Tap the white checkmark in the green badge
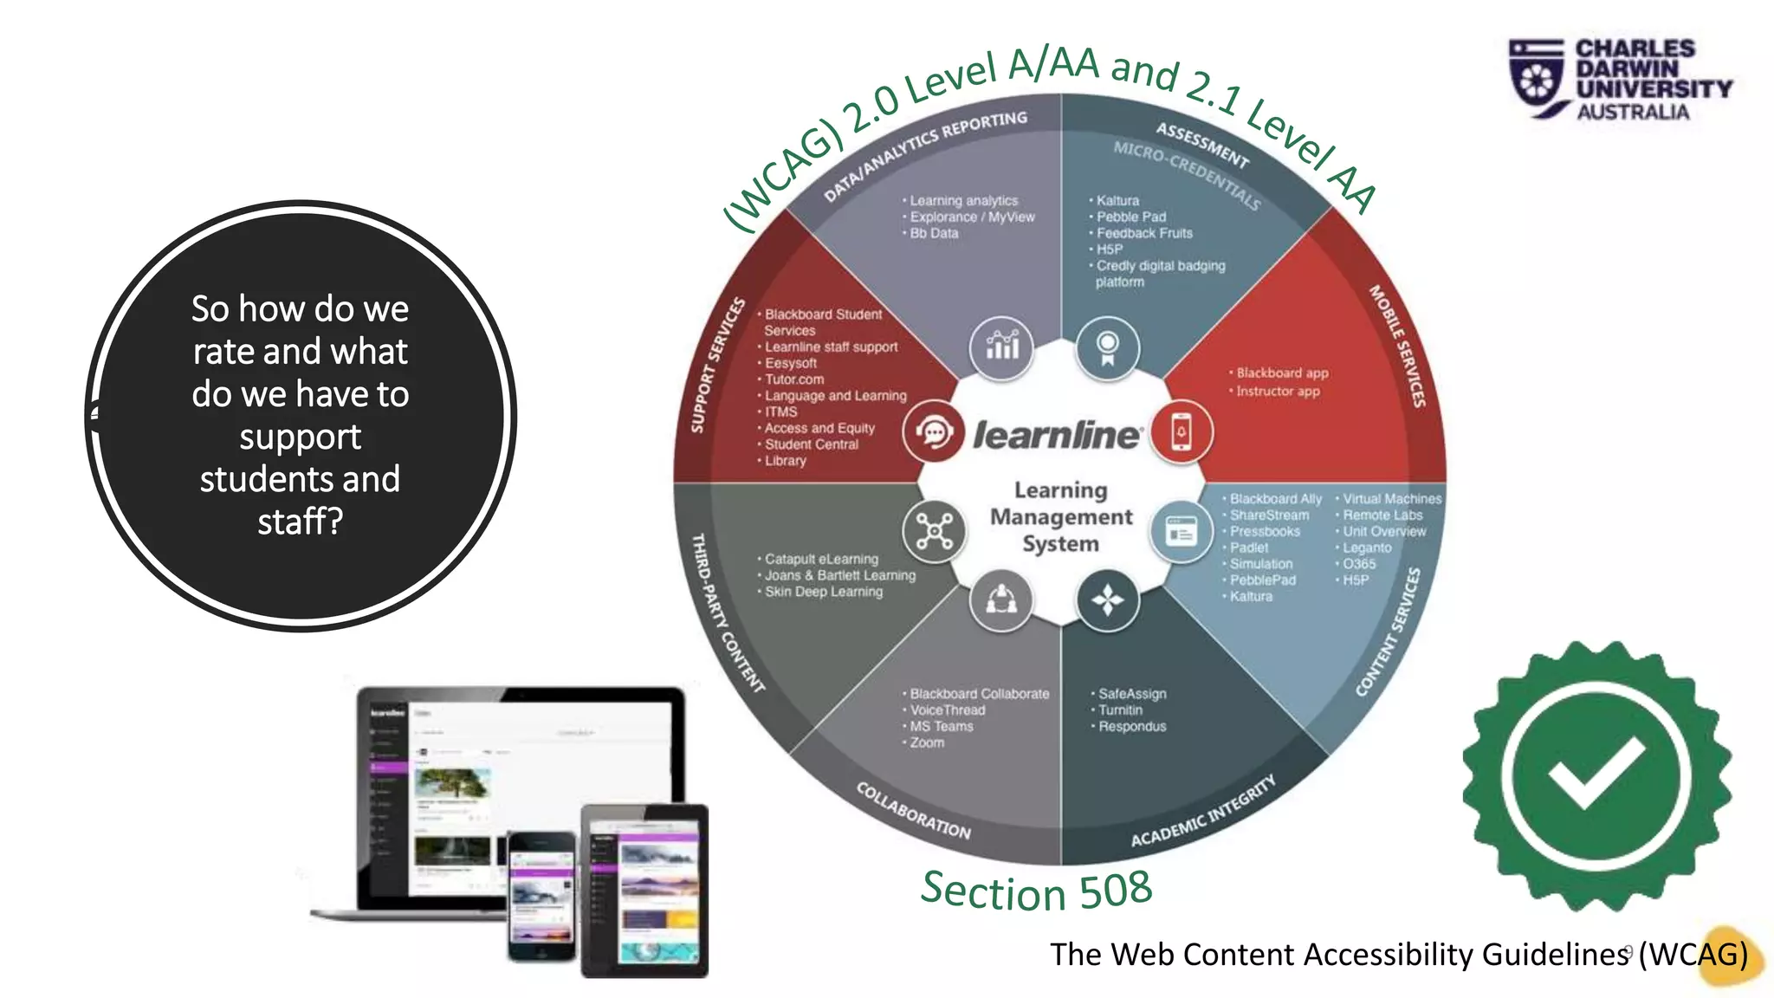click(x=1596, y=773)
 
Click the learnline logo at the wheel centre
click(x=1058, y=435)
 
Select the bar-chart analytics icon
click(x=1002, y=347)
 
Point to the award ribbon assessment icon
click(x=1107, y=347)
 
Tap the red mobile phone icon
click(x=1182, y=431)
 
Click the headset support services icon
click(x=934, y=431)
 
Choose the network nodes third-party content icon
click(x=934, y=530)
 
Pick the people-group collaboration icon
click(x=1001, y=599)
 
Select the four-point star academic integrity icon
click(x=1107, y=599)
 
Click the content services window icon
click(x=1181, y=531)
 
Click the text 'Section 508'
click(x=1036, y=891)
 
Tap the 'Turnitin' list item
click(x=1120, y=710)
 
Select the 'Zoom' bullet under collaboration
click(x=927, y=743)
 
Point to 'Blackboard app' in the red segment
click(x=1282, y=373)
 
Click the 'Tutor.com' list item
click(x=794, y=379)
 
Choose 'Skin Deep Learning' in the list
click(x=824, y=592)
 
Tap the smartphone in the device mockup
click(x=541, y=896)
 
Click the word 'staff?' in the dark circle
click(x=300, y=522)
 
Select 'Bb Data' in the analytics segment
click(x=934, y=233)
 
